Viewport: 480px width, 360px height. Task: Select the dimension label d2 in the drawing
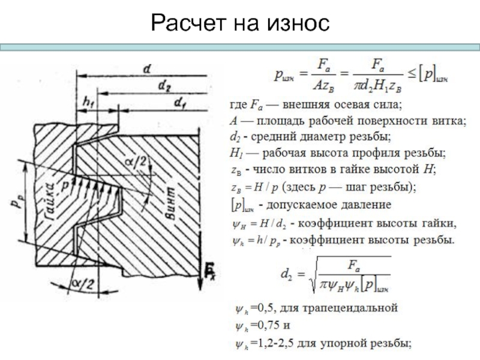[x=164, y=87]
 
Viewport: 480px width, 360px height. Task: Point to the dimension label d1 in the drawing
[x=179, y=104]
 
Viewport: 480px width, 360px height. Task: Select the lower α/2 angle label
[x=82, y=283]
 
